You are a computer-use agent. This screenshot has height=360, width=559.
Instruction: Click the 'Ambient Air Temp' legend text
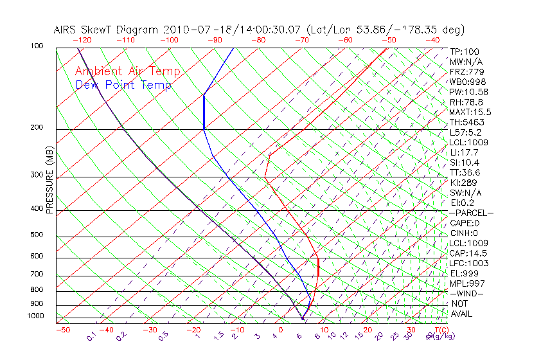click(127, 71)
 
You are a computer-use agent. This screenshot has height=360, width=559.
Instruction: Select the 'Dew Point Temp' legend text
click(123, 85)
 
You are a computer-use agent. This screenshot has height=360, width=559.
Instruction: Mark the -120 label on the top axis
click(82, 40)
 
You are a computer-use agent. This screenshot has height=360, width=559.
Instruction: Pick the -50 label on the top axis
click(389, 40)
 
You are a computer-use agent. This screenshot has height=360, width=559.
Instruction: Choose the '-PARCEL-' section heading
click(471, 213)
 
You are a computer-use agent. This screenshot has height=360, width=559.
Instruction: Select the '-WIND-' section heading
click(466, 293)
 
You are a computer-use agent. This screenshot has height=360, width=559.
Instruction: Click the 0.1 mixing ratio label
click(93, 336)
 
